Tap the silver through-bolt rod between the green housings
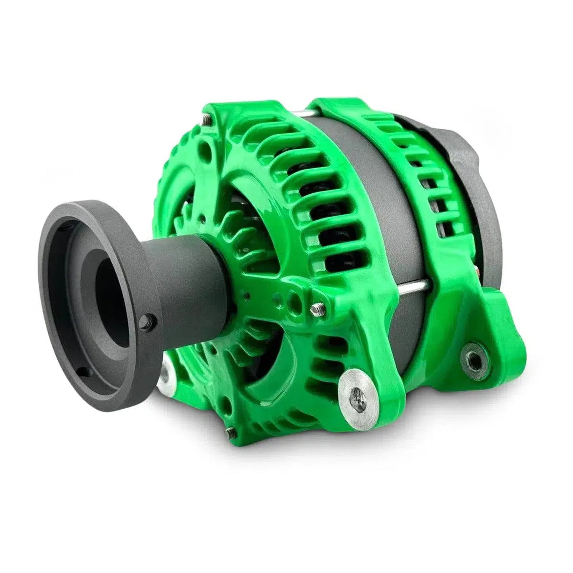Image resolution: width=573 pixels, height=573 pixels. coord(408,287)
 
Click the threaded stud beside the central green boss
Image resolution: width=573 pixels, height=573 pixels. coord(316,309)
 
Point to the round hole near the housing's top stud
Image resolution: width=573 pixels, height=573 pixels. coord(208,146)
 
